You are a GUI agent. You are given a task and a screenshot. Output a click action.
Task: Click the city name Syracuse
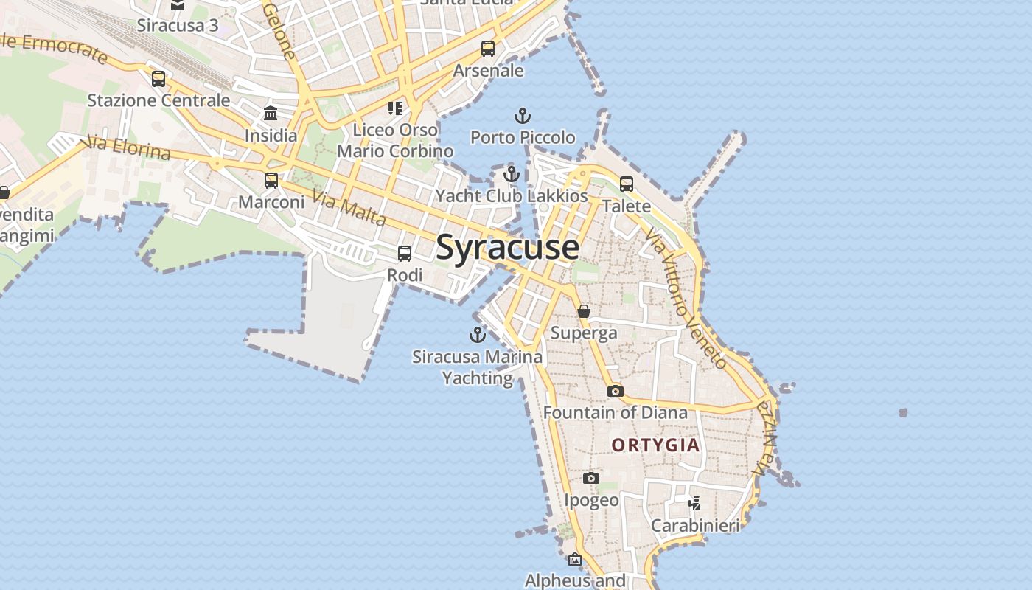coord(507,247)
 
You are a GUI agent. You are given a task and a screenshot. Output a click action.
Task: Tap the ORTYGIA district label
coord(655,445)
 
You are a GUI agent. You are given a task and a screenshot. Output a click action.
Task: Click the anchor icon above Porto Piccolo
coord(522,116)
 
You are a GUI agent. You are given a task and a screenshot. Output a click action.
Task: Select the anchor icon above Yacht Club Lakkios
coord(512,175)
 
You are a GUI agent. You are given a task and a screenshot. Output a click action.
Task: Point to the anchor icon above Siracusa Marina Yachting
coord(478,335)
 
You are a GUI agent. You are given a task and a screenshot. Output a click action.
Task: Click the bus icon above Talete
coord(627,184)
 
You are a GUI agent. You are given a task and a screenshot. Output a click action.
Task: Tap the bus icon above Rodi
coord(405,254)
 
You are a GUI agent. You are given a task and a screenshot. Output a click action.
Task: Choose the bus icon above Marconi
coord(271,180)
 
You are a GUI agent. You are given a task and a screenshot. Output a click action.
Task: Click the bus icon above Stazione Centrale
coord(158,78)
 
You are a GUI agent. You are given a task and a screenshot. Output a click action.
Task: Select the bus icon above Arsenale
coord(488,49)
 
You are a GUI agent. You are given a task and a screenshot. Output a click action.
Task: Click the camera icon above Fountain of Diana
coord(615,391)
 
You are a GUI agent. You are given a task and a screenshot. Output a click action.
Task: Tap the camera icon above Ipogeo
coord(590,478)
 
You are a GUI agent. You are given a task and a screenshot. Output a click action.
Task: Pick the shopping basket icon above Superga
coord(584,311)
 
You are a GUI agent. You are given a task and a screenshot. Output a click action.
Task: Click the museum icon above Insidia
coord(271,114)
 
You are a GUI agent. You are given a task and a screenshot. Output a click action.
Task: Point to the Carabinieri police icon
coord(694,504)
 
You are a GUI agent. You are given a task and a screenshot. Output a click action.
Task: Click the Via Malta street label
coord(349,208)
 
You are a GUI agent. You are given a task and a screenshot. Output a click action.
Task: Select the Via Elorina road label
coord(128,147)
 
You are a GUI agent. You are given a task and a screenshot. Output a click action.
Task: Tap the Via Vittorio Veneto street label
coord(686,299)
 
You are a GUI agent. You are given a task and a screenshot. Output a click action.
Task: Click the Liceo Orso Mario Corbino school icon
coord(395,108)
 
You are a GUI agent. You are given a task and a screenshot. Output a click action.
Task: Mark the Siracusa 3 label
coord(178,25)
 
